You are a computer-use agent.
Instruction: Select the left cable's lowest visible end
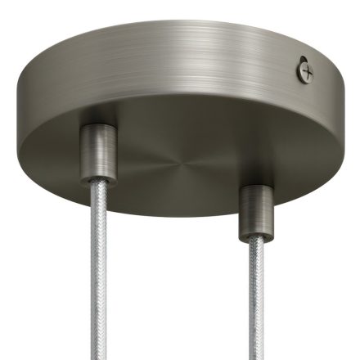101,358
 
